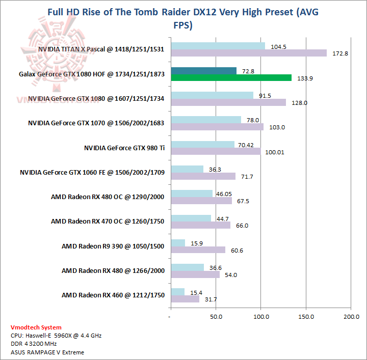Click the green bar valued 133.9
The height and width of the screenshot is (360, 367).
click(231, 78)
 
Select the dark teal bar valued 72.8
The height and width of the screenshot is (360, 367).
click(204, 71)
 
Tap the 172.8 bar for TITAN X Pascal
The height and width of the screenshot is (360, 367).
click(249, 53)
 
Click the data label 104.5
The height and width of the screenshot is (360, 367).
click(277, 46)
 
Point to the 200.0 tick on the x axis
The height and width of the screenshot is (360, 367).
click(351, 316)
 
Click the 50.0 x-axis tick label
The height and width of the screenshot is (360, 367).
click(216, 316)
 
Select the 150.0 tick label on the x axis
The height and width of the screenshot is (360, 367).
click(306, 316)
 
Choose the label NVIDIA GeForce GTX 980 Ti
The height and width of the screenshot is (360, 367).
click(124, 148)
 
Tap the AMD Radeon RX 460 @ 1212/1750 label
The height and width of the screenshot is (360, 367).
click(113, 295)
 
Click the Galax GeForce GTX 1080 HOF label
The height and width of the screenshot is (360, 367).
click(91, 74)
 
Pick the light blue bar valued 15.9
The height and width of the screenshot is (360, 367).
click(178, 243)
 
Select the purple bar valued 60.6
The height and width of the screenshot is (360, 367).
click(198, 250)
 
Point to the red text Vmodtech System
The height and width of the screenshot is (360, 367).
click(36, 327)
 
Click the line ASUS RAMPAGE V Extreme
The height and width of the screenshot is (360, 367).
click(47, 352)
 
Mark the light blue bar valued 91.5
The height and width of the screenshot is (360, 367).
click(212, 95)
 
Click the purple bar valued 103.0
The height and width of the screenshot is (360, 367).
click(217, 127)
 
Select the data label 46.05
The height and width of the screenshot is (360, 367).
click(224, 194)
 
